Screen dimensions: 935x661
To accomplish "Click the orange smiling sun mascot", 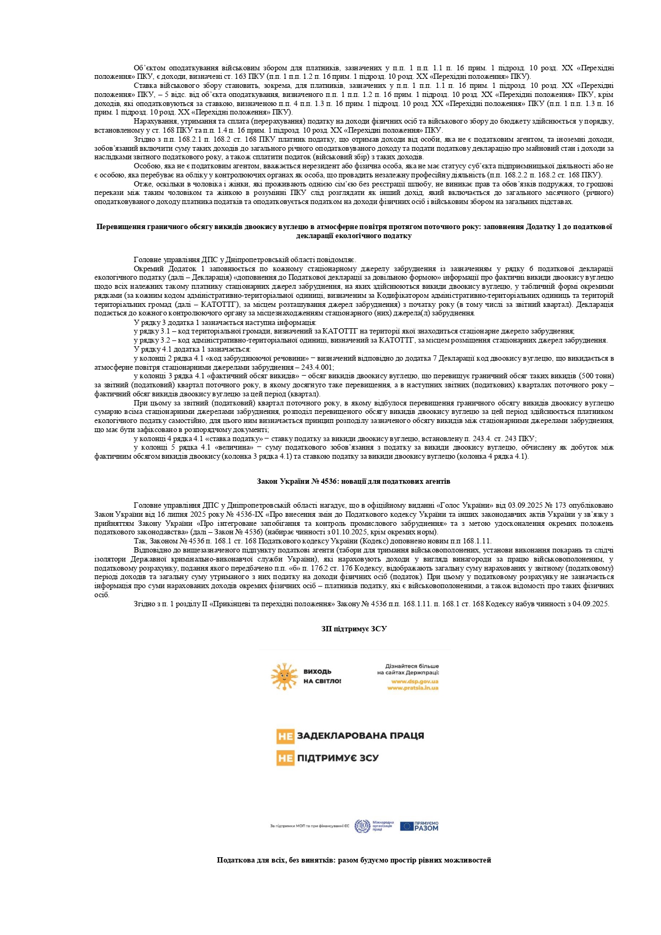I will [x=284, y=676].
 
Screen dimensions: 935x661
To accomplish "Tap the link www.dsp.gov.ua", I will [x=415, y=681].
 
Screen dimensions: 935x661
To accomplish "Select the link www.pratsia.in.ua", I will [x=413, y=688].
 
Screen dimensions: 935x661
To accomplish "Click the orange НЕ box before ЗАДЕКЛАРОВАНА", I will [x=285, y=736].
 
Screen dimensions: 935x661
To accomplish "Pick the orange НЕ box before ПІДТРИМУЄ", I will [x=285, y=758].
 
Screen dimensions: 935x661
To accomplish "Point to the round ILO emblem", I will [x=362, y=826].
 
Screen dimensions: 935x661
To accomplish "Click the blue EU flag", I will [x=406, y=826].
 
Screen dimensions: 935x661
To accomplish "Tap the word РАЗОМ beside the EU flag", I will [x=426, y=828].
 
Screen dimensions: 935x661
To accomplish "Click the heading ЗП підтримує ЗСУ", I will [x=354, y=629].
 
